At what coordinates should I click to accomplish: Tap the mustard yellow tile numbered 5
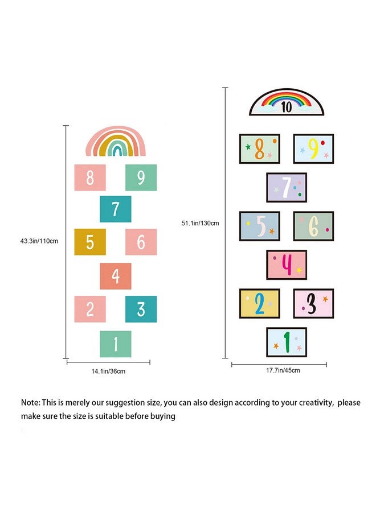coord(90,242)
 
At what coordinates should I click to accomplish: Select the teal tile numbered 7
coord(116,209)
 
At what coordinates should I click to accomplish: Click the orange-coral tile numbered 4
coord(116,276)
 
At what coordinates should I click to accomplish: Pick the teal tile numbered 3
coord(141,309)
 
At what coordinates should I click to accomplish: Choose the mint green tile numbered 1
coord(116,344)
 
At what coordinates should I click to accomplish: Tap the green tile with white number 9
coord(141,177)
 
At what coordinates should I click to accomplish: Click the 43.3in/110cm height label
coord(39,241)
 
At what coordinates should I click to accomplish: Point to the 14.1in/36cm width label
coord(108,371)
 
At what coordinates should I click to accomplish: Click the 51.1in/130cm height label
coord(200,224)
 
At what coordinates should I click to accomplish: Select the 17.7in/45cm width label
coord(283,370)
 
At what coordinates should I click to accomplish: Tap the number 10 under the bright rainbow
coord(286,107)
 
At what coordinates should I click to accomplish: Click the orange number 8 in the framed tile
coord(259,149)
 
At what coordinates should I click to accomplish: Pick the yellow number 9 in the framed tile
coord(313,148)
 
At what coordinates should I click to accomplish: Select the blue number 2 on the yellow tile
coord(260,304)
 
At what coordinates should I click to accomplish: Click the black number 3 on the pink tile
coord(312,303)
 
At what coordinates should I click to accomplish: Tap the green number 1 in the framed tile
coord(287,342)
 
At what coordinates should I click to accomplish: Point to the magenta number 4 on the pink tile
coord(287,265)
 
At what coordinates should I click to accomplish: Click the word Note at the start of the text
coord(30,402)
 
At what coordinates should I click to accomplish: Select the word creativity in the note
coord(317,403)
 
